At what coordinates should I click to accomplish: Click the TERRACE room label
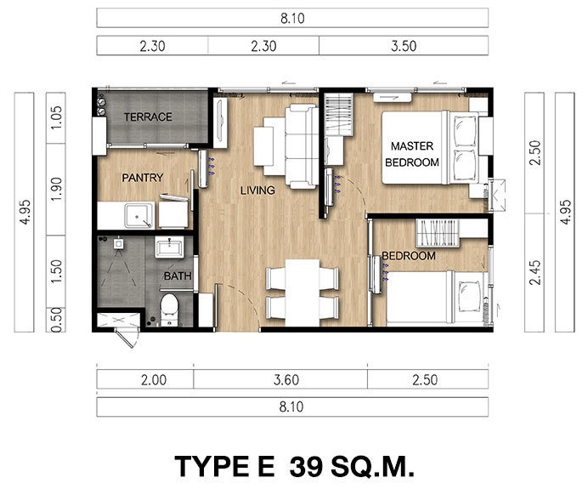click(148, 117)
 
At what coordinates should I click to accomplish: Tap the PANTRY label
click(143, 177)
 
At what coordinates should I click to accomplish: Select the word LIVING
click(257, 190)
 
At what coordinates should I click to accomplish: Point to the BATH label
click(178, 276)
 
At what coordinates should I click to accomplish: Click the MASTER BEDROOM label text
click(412, 154)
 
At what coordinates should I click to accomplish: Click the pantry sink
click(139, 215)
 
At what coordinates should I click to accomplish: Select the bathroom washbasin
click(169, 247)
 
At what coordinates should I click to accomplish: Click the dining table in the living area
click(302, 293)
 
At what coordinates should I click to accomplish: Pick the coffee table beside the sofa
click(263, 146)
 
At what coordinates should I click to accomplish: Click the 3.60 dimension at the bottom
click(286, 380)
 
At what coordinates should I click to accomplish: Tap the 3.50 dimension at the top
click(404, 46)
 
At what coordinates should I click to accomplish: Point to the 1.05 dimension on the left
click(56, 117)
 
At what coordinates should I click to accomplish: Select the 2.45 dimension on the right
click(534, 272)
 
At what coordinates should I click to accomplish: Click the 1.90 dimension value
click(56, 190)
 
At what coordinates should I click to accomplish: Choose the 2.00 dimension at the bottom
click(154, 380)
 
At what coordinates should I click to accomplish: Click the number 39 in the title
click(306, 467)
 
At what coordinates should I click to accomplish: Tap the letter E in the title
click(264, 467)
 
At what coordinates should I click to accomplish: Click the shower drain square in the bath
click(118, 244)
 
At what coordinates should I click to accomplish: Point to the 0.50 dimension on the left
click(56, 320)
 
